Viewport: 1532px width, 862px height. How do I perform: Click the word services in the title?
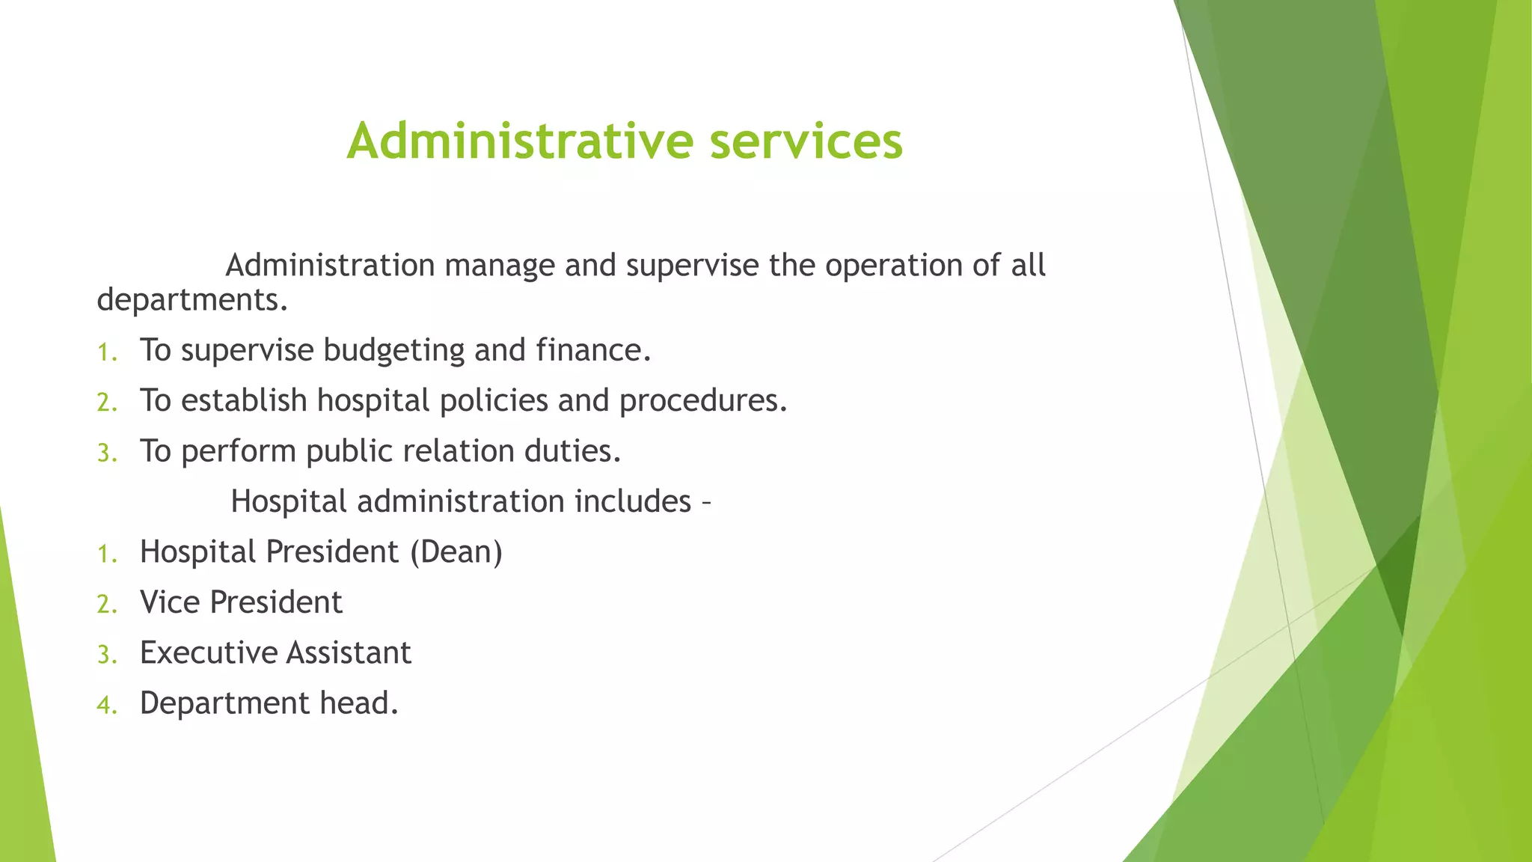806,141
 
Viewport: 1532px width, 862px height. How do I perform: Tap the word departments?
191,300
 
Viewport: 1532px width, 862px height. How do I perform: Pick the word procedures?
702,401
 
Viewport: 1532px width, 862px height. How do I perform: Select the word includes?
632,501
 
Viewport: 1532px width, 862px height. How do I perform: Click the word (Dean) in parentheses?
456,552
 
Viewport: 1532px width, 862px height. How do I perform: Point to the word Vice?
170,602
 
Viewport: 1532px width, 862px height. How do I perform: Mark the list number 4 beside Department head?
106,705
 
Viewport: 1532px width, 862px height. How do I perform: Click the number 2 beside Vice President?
106,604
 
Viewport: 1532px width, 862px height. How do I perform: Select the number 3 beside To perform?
106,453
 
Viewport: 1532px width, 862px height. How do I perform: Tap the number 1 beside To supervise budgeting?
106,352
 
